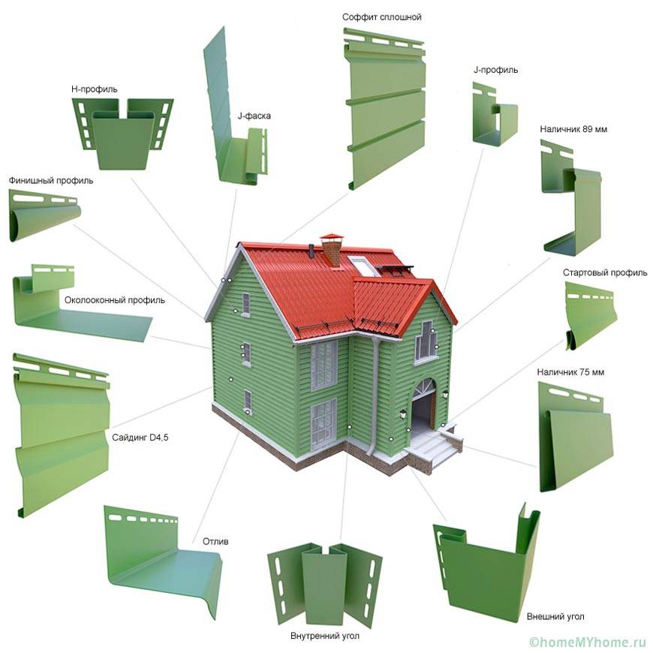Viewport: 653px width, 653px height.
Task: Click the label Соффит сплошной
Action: [381, 17]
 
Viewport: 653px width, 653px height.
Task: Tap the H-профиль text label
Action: [94, 89]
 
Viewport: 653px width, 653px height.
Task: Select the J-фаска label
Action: [254, 116]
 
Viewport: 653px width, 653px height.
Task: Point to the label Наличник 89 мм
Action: [573, 129]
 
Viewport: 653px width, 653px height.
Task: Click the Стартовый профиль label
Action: [605, 272]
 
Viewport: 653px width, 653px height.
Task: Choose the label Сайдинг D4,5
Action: [140, 438]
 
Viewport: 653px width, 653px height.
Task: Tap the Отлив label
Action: [215, 541]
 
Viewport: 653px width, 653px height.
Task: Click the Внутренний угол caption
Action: [325, 636]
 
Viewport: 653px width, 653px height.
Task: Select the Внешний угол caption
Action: [555, 616]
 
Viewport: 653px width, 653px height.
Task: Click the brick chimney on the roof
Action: [332, 250]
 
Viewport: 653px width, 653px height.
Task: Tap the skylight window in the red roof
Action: [363, 266]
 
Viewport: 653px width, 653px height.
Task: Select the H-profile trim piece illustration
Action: [122, 134]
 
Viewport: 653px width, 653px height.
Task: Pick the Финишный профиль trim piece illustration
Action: [44, 215]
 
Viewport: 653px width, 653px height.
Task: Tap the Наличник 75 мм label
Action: [570, 372]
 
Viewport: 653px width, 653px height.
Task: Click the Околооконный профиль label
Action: [115, 299]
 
